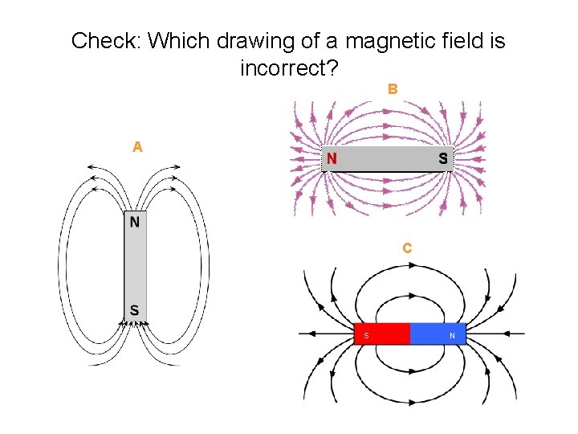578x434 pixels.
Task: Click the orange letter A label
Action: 138,147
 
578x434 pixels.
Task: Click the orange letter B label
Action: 393,89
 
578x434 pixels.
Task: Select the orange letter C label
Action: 408,248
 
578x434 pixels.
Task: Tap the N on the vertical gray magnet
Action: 135,221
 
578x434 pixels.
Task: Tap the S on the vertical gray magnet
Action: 135,309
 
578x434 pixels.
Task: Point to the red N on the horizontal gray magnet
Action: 331,159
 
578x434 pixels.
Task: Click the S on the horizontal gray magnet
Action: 443,159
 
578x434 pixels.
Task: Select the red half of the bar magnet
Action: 382,334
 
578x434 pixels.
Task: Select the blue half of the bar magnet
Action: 438,334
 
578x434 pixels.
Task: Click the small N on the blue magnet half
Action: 452,335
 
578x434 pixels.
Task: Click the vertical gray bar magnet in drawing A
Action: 135,265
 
